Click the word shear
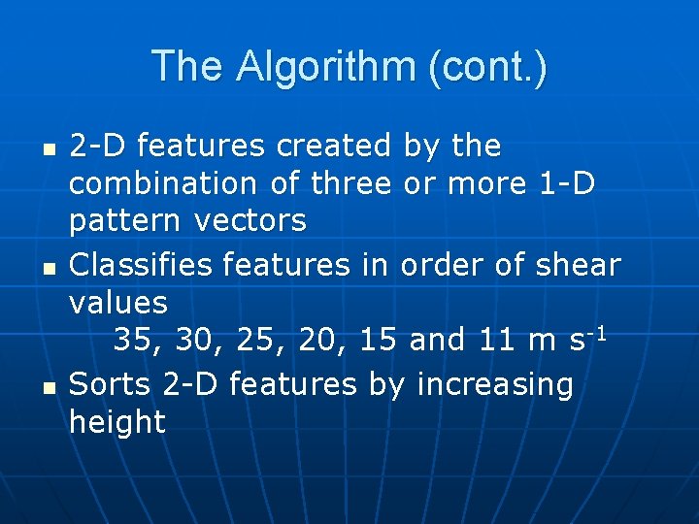click(579, 264)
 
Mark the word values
click(118, 302)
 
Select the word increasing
click(495, 385)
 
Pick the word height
click(118, 422)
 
